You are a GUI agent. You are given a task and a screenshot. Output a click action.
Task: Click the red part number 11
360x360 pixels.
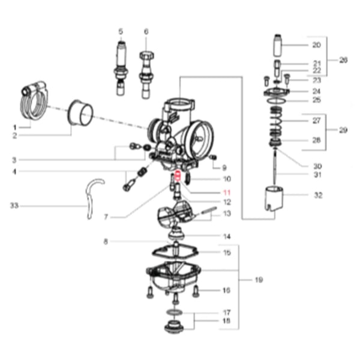[227, 193]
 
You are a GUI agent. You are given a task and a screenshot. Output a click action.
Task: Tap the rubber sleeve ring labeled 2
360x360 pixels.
[80, 113]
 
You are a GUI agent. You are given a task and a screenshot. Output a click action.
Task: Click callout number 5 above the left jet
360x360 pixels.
[120, 31]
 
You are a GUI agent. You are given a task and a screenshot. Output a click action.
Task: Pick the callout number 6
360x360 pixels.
[146, 31]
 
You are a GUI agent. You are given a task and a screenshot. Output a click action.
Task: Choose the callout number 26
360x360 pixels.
[343, 60]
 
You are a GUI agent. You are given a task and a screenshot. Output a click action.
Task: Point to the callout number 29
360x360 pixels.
[343, 130]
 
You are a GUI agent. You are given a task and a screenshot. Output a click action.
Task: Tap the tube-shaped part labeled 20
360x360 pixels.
[277, 46]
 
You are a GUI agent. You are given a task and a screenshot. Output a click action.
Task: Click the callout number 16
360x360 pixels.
[226, 290]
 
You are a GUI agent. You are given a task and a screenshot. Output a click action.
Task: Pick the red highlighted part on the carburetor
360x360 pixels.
[178, 178]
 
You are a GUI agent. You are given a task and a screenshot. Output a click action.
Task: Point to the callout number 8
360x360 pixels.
[106, 242]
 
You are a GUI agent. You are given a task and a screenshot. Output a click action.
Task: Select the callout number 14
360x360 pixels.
[226, 236]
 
